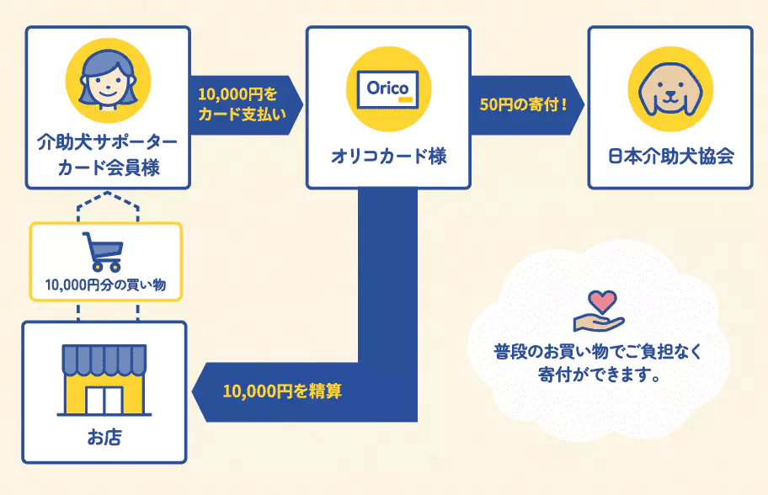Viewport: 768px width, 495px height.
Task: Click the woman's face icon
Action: click(108, 82)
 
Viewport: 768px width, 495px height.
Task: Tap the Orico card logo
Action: click(388, 89)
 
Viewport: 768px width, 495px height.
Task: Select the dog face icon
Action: click(670, 89)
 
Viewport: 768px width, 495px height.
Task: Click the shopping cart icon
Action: click(103, 252)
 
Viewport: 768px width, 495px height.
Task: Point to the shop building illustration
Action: click(104, 380)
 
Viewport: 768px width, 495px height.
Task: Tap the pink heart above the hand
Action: click(602, 301)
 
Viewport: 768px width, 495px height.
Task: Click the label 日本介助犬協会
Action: click(670, 157)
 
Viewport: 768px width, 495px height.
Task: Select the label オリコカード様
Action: click(388, 157)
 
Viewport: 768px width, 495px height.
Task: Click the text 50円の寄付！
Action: click(524, 104)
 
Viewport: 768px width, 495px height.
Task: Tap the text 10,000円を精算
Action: click(282, 391)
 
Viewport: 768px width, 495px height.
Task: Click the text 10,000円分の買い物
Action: click(105, 285)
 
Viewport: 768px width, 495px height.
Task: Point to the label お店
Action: click(104, 437)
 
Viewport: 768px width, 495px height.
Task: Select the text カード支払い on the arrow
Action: click(242, 114)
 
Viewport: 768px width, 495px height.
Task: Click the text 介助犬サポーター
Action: click(107, 142)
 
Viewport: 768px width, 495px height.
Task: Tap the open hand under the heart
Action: click(599, 322)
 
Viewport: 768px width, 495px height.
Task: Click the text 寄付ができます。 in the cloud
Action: click(599, 375)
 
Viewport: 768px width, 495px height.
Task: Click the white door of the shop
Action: click(104, 401)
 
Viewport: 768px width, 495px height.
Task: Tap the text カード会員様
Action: click(109, 168)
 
